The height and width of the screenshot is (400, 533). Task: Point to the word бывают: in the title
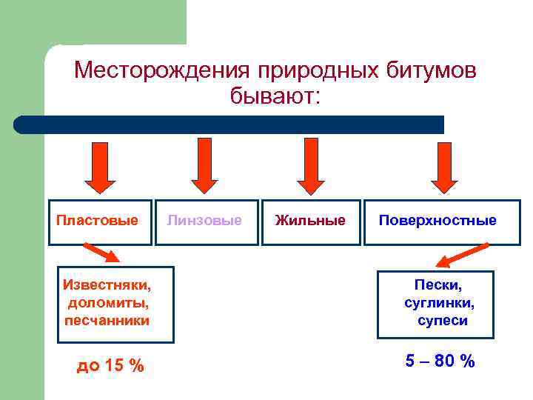275,96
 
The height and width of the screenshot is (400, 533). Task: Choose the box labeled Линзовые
207,221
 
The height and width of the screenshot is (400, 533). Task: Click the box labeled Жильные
311,221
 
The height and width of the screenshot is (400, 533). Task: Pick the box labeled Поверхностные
442,221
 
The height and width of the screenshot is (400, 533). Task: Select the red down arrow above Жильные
311,164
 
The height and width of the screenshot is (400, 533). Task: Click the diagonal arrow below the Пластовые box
101,252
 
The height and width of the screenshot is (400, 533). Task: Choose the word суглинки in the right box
440,302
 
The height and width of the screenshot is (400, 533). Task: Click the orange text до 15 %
110,365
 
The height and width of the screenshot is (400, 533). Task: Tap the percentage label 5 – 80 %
440,361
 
